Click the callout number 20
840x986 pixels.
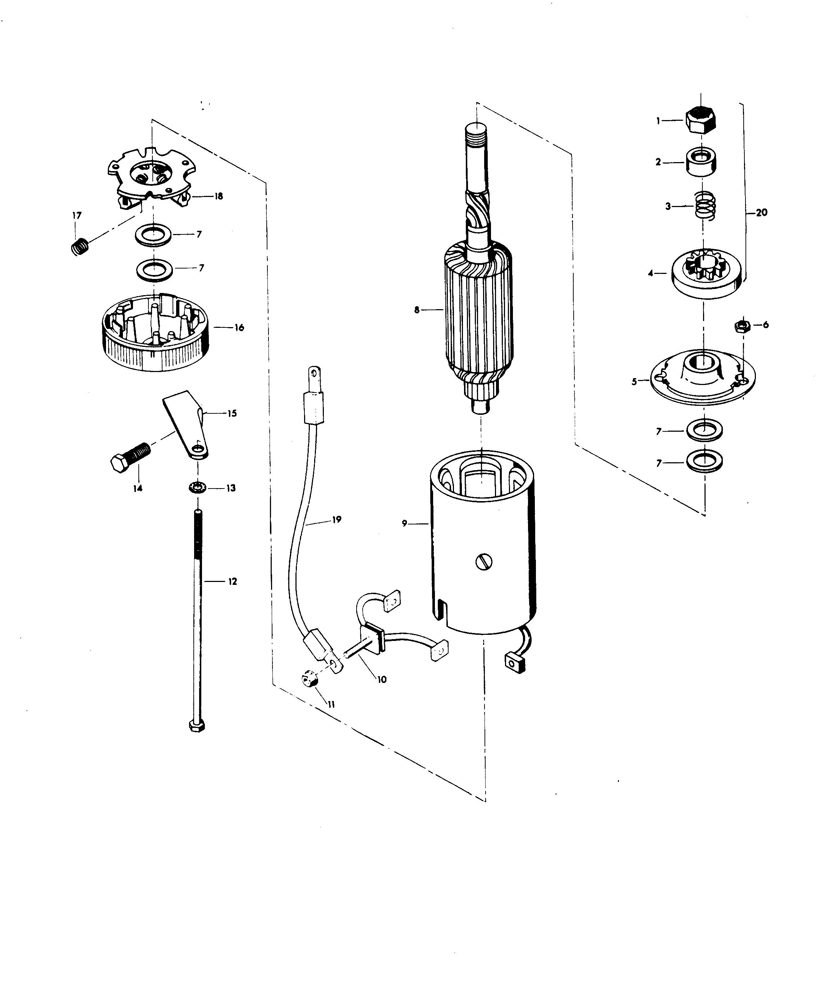coord(762,213)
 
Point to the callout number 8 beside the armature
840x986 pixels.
coord(417,310)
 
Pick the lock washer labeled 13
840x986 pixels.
coord(196,488)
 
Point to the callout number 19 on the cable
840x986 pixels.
coord(336,520)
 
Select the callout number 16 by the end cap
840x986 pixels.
coord(239,327)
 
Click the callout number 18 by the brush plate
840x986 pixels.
coord(219,196)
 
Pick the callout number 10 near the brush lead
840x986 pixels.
coord(382,679)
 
